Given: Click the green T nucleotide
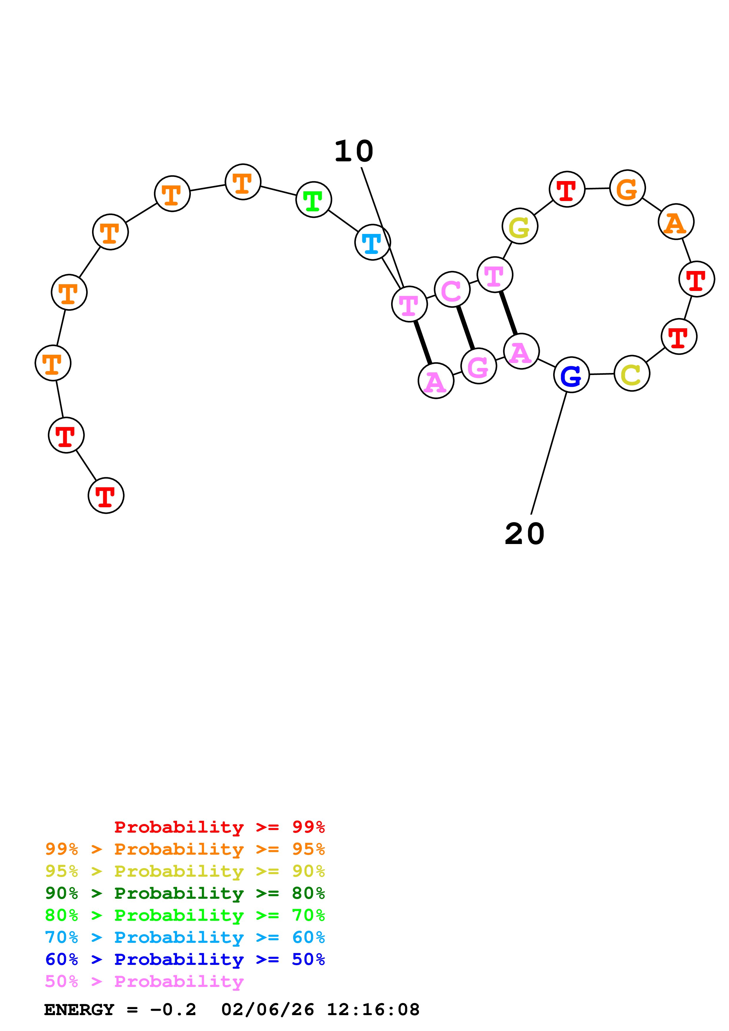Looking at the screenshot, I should pyautogui.click(x=313, y=200).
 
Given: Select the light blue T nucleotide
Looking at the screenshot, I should pyautogui.click(x=372, y=242).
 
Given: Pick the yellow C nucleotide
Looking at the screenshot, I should pyautogui.click(x=632, y=373).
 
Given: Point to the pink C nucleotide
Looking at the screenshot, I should pyautogui.click(x=452, y=289).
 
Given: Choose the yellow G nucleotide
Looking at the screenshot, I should pyautogui.click(x=520, y=226).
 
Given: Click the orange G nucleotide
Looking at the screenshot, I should pyautogui.click(x=627, y=188).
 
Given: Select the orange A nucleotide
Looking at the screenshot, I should pyautogui.click(x=675, y=222).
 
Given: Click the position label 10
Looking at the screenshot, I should pyautogui.click(x=354, y=151).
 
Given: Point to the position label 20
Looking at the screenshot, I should pyautogui.click(x=524, y=534).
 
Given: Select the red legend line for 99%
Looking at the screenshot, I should pyautogui.click(x=219, y=827).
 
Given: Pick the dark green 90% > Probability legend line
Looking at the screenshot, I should pyautogui.click(x=185, y=893).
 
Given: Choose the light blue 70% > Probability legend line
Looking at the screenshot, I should pyautogui.click(x=185, y=937).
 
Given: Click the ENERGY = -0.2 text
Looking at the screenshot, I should pyautogui.click(x=120, y=1010).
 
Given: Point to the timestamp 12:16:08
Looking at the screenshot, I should pyautogui.click(x=373, y=1010).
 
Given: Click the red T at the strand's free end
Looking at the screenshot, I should pyautogui.click(x=106, y=496).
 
